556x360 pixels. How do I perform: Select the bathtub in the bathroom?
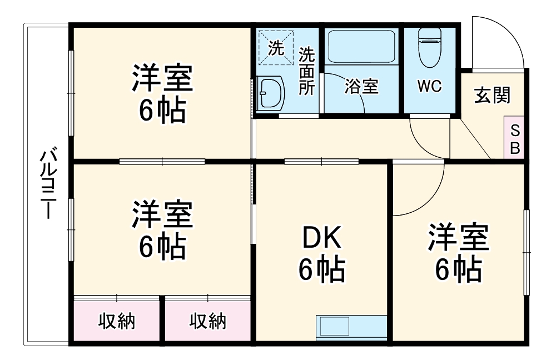tap(361, 48)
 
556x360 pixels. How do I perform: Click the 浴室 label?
tap(361, 87)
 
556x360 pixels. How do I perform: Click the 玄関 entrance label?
tap(492, 96)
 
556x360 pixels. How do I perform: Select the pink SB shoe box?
tap(515, 139)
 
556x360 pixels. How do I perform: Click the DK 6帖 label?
tap(322, 255)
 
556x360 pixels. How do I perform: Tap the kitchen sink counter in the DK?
tap(351, 328)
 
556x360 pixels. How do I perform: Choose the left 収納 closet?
tap(117, 321)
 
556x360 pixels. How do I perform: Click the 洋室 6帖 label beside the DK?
tap(458, 253)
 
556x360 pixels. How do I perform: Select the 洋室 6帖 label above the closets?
tap(162, 231)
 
